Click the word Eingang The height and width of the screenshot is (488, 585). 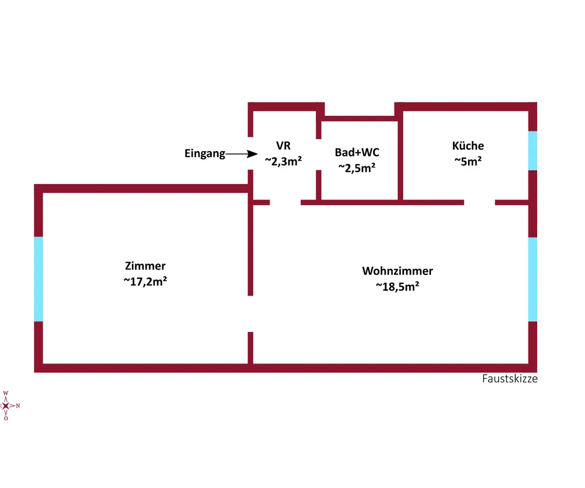[x=205, y=154]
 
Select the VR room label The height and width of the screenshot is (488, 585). [x=283, y=145]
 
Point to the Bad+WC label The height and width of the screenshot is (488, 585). [x=357, y=152]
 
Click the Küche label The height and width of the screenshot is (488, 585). [x=468, y=145]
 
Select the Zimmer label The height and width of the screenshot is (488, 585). [x=146, y=266]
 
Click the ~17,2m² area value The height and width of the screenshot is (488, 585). [x=146, y=282]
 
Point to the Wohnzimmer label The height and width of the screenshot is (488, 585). [x=397, y=271]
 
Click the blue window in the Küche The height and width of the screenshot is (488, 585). [x=533, y=150]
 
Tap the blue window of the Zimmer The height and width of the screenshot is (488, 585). [x=39, y=279]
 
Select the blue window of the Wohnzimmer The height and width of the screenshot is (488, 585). [x=533, y=279]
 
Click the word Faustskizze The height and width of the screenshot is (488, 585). [x=510, y=379]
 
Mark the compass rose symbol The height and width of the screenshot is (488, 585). [x=6, y=406]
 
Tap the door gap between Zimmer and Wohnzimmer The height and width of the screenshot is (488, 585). [x=251, y=314]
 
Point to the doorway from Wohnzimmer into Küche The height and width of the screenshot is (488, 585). [x=479, y=202]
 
